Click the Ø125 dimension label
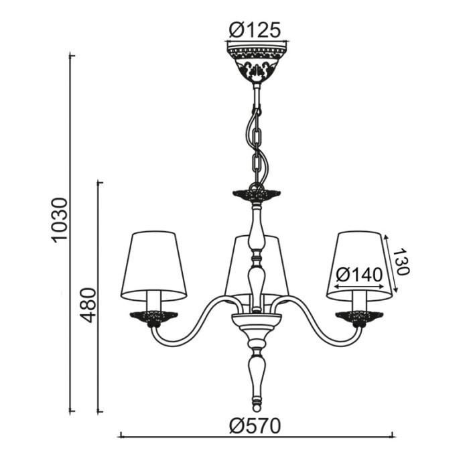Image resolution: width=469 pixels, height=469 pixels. pyautogui.click(x=255, y=30)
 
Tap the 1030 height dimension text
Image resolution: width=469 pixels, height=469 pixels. pyautogui.click(x=59, y=219)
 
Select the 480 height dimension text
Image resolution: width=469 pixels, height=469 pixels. pyautogui.click(x=89, y=305)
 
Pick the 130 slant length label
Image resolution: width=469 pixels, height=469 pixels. pyautogui.click(x=401, y=261)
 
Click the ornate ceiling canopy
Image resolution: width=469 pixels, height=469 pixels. pyautogui.click(x=257, y=62)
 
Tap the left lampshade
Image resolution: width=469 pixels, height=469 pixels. pyautogui.click(x=153, y=266)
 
